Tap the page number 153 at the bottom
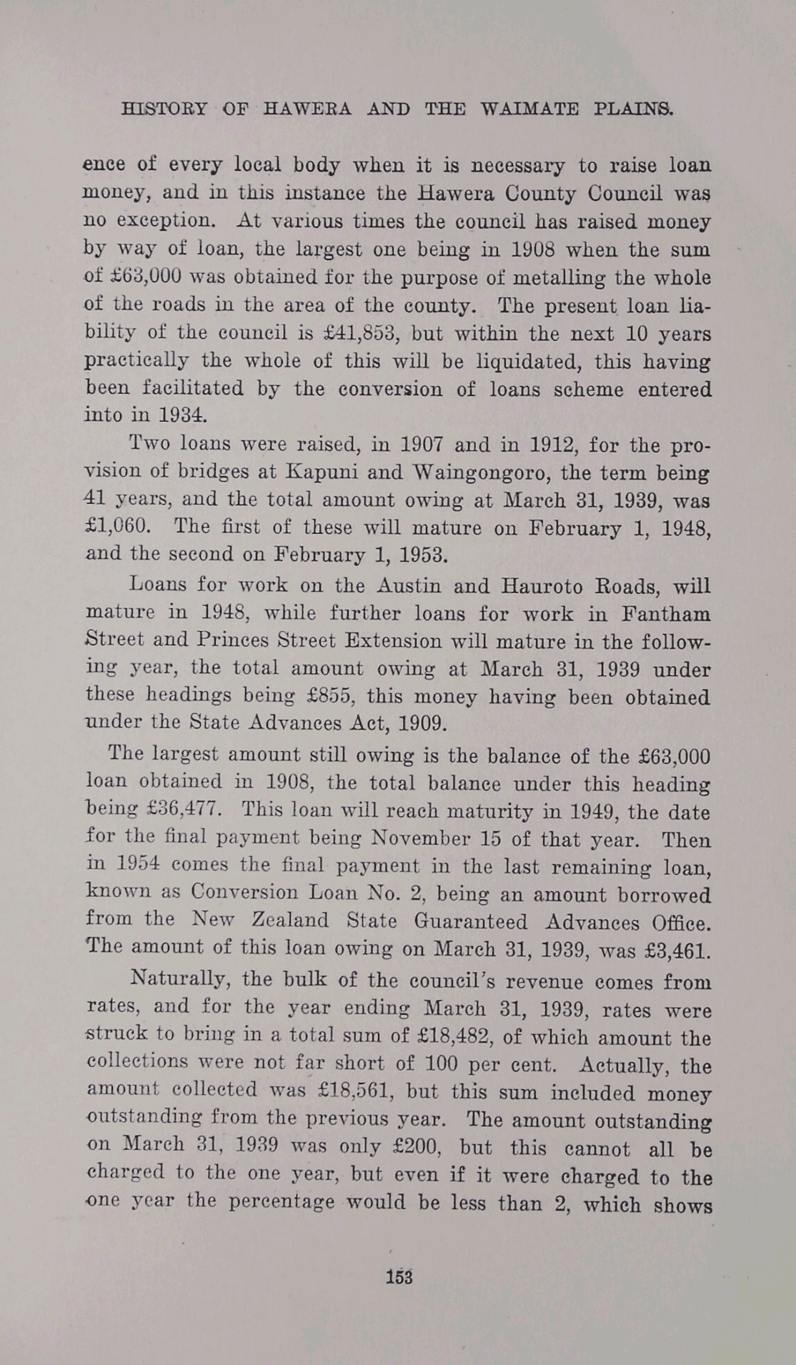click(399, 1277)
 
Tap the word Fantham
click(665, 614)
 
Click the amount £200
click(414, 1146)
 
